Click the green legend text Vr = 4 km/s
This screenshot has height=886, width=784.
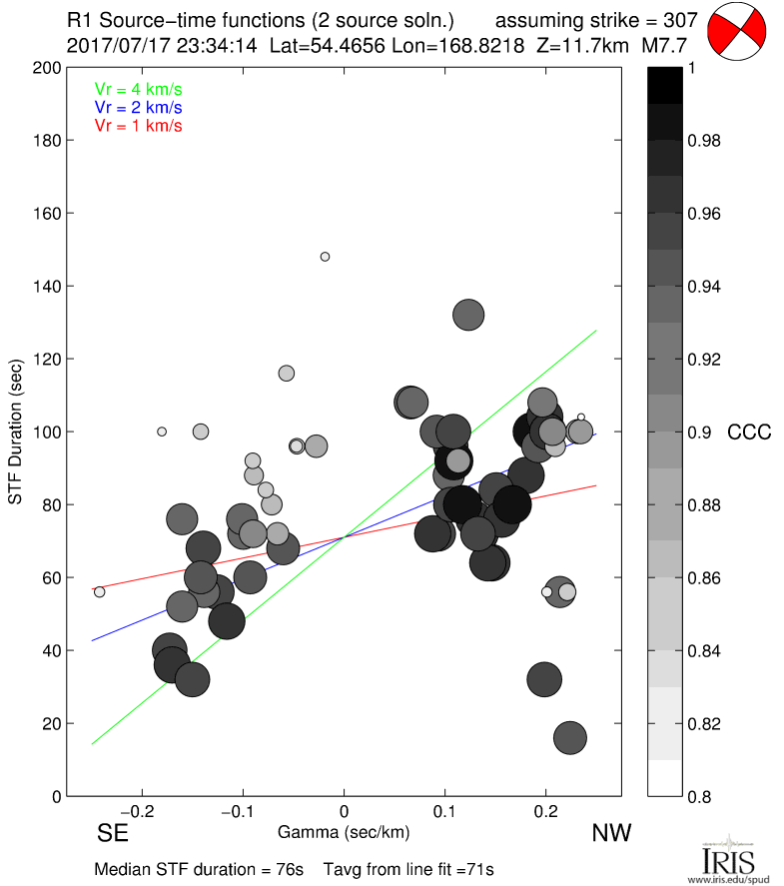click(x=138, y=89)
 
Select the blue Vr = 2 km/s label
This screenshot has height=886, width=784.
click(x=138, y=107)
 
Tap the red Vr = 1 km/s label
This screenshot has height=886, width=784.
click(x=138, y=125)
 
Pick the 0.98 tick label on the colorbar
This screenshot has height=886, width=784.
click(x=703, y=141)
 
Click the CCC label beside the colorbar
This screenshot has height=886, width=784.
click(x=749, y=433)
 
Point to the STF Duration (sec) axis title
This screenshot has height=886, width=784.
click(x=16, y=433)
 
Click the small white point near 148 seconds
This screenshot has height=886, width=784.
click(x=325, y=257)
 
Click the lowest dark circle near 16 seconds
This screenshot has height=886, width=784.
click(x=569, y=738)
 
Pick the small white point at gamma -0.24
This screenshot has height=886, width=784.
click(x=99, y=592)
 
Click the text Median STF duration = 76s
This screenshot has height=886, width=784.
click(x=186, y=868)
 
